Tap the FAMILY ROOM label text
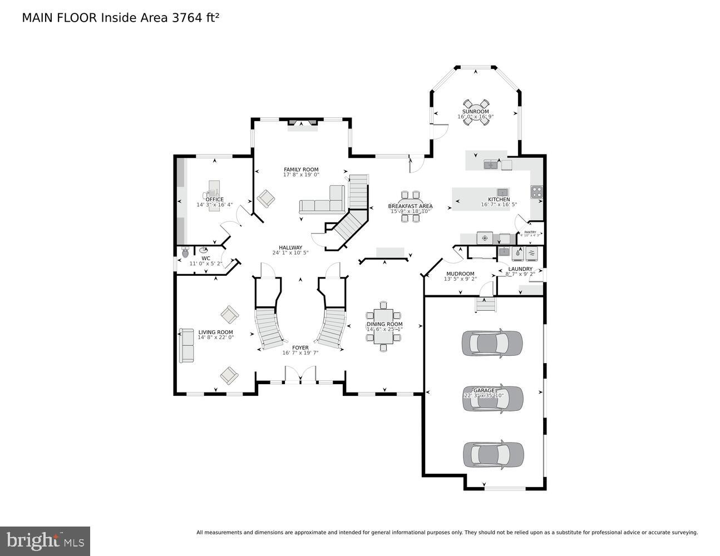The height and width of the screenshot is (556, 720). tap(301, 170)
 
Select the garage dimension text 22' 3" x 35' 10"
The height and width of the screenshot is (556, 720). tap(484, 396)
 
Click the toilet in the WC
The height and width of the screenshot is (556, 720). tap(185, 252)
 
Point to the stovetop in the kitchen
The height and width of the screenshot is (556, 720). tap(536, 192)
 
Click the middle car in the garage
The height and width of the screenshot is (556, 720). tap(493, 399)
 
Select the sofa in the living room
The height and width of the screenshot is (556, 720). tap(186, 345)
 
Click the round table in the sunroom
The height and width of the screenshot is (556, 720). tap(476, 112)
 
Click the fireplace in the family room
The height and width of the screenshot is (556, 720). tap(303, 123)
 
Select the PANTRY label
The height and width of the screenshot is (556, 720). tap(530, 232)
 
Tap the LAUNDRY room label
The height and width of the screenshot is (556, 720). tap(520, 269)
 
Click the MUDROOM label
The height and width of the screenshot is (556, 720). tap(460, 274)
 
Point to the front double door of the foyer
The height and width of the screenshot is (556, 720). tap(300, 375)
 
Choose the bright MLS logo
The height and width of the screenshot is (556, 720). tap(45, 540)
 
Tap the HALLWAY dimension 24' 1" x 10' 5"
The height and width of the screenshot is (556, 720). tap(290, 253)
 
